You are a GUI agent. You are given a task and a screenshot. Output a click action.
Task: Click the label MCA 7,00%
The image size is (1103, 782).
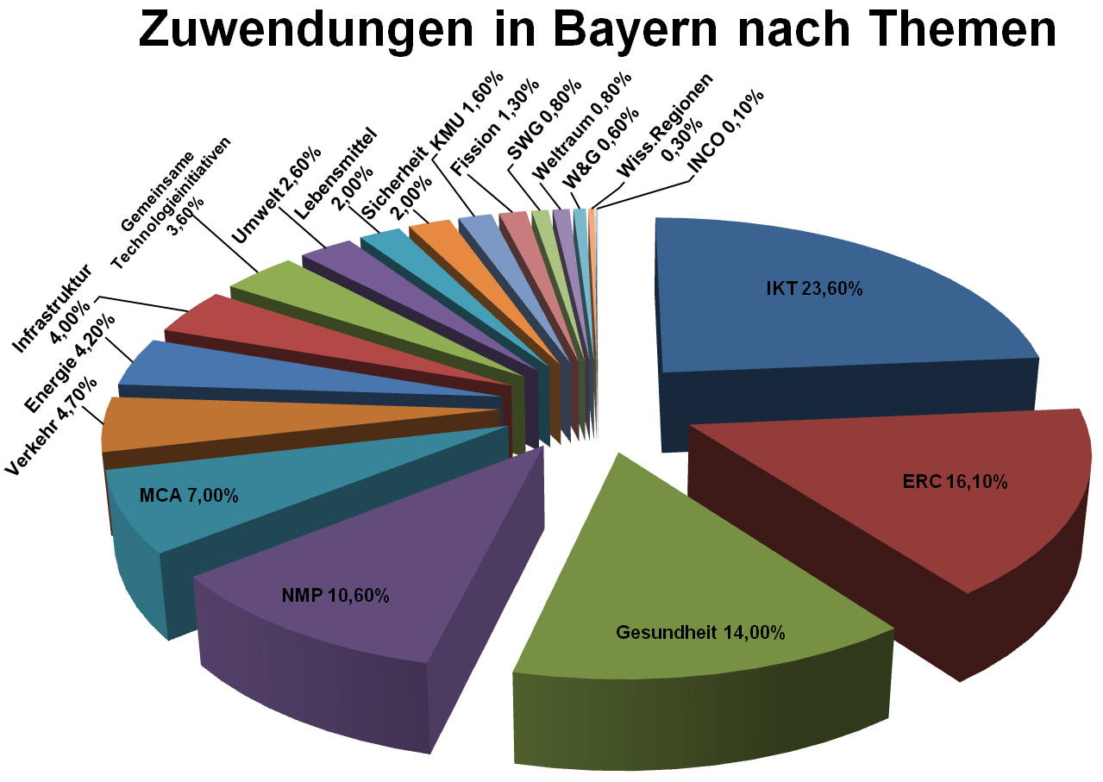(x=188, y=496)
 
